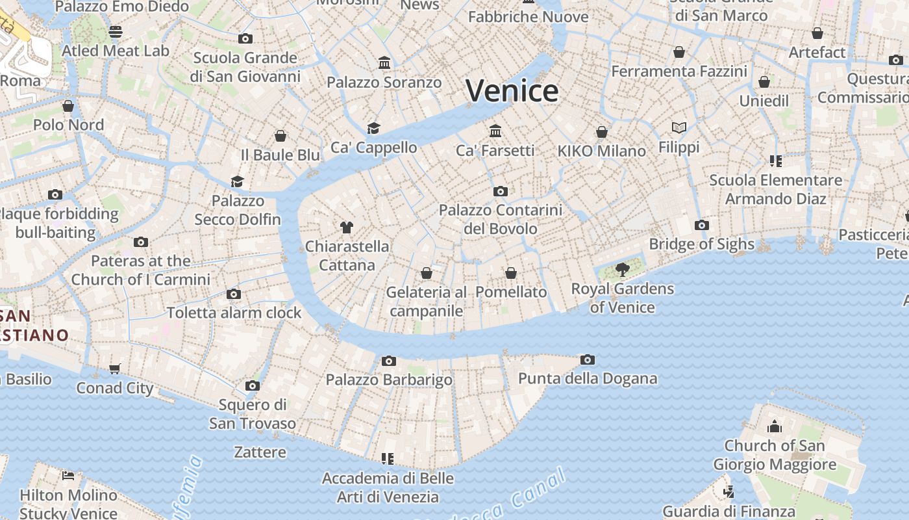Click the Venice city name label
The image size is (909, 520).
click(512, 91)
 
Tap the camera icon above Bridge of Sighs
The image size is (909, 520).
click(701, 226)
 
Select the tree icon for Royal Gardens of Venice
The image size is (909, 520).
click(622, 269)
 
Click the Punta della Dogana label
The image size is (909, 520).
click(587, 378)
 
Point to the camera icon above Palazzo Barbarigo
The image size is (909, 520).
click(388, 361)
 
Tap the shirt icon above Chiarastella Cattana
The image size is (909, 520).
click(347, 227)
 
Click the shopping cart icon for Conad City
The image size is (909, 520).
click(115, 369)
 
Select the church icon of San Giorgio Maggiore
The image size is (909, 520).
click(774, 427)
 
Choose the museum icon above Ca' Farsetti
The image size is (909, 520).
click(495, 131)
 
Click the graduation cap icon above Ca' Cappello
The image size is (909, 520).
click(373, 128)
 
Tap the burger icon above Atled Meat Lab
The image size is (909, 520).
click(116, 31)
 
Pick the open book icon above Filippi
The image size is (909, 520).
click(679, 128)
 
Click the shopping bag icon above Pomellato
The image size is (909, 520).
click(511, 273)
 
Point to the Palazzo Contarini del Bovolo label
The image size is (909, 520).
click(500, 219)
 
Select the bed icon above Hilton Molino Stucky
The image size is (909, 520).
click(68, 476)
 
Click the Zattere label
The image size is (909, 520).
click(260, 452)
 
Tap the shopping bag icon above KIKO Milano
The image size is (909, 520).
click(602, 132)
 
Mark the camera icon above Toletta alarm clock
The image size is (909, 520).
click(234, 294)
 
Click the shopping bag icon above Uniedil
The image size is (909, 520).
click(764, 83)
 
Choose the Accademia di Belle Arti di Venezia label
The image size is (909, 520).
click(388, 487)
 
